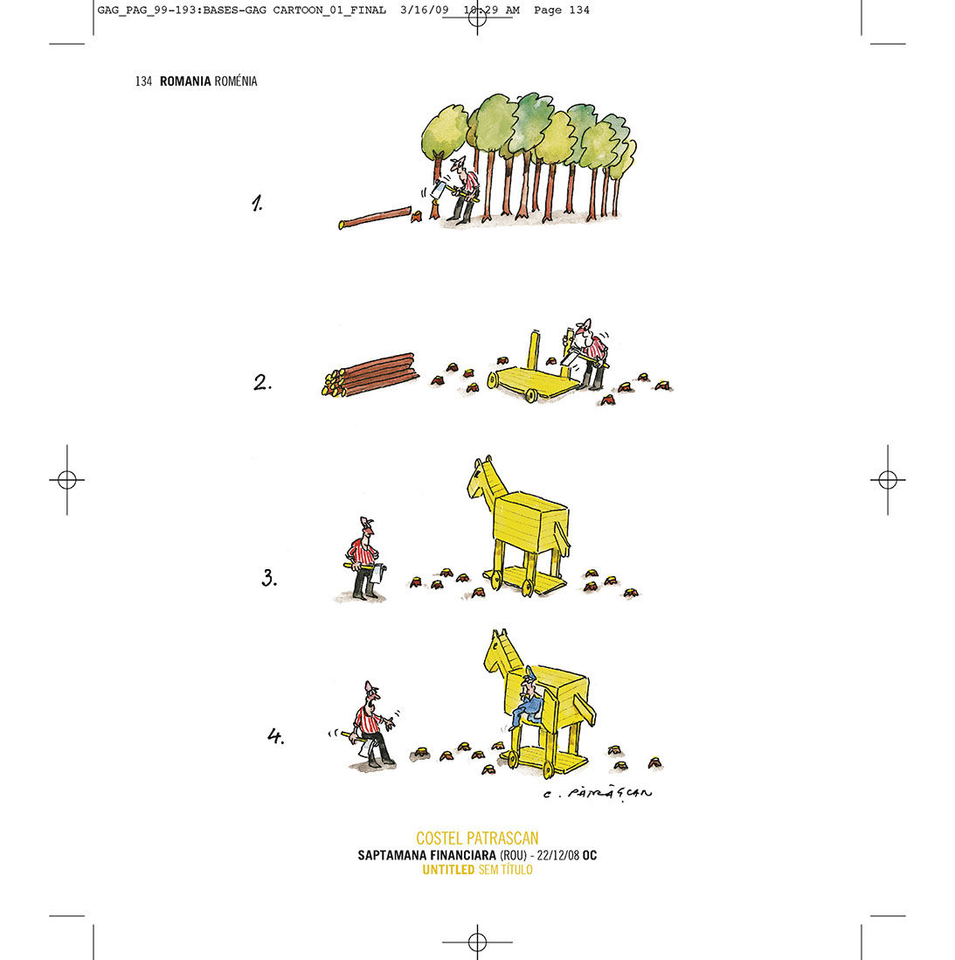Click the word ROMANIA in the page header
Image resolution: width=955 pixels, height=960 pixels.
pyautogui.click(x=185, y=80)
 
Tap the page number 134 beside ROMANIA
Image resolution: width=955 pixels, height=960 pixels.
pyautogui.click(x=143, y=80)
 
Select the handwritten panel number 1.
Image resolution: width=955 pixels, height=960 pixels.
pyautogui.click(x=257, y=203)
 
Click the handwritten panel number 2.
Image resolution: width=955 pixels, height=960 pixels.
pyautogui.click(x=262, y=383)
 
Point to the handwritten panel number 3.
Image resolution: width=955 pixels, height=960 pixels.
pyautogui.click(x=269, y=577)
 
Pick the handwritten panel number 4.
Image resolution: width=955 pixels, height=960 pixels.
pyautogui.click(x=276, y=735)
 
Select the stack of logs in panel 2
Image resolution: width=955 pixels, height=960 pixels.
pyautogui.click(x=370, y=374)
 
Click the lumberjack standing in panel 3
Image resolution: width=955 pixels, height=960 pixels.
pyautogui.click(x=363, y=559)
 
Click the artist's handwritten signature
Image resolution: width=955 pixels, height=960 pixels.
pyautogui.click(x=598, y=794)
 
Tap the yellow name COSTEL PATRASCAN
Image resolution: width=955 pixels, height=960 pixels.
pyautogui.click(x=477, y=838)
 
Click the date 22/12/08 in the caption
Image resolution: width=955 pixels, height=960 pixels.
pyautogui.click(x=558, y=855)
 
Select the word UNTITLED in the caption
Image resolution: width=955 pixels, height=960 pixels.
pyautogui.click(x=448, y=870)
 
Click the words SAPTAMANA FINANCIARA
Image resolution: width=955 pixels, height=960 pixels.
pyautogui.click(x=426, y=855)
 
